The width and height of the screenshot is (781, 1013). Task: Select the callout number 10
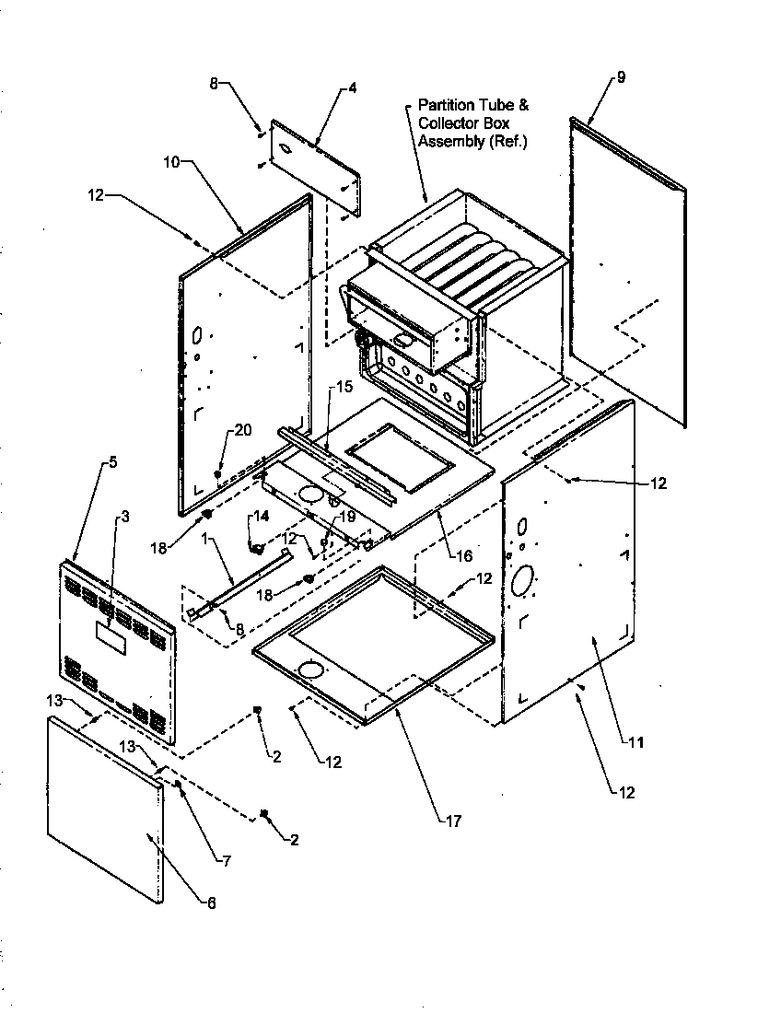click(172, 163)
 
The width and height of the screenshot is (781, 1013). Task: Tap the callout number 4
click(352, 88)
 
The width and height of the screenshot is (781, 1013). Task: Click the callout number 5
click(112, 463)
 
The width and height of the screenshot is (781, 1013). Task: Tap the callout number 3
click(124, 516)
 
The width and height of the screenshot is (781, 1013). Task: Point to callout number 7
click(225, 861)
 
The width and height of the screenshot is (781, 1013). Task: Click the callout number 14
click(262, 517)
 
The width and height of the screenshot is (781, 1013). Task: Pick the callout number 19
click(347, 517)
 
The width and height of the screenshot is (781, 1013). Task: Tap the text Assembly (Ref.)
click(472, 141)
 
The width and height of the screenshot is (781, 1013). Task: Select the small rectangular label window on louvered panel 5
click(111, 635)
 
